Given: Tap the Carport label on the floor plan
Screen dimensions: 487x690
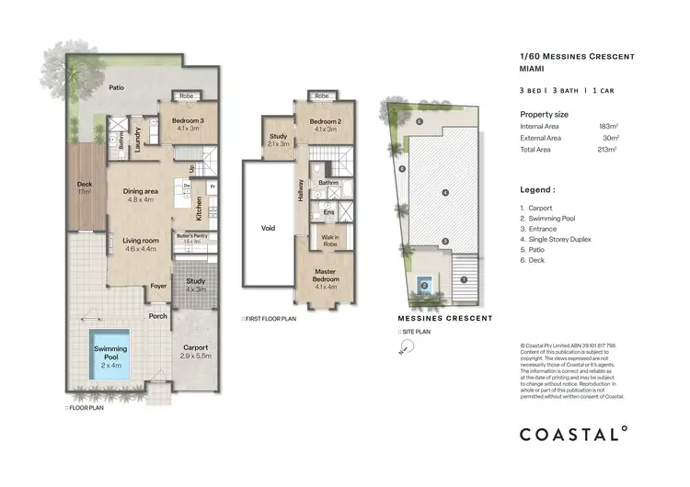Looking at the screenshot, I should click(x=196, y=348).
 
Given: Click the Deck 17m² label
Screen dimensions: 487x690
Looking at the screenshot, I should click(x=84, y=187).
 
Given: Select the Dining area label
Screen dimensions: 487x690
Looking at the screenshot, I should click(x=143, y=195).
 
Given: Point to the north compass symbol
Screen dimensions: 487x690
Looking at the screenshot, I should click(x=400, y=349).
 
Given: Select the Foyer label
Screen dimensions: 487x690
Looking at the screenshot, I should click(x=159, y=288).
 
